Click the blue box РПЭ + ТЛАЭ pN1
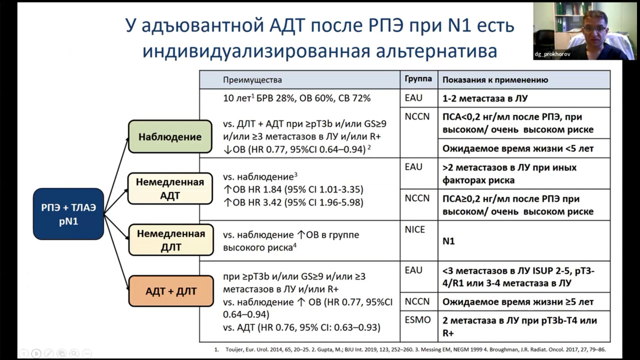click(68, 213)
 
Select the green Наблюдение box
click(170, 136)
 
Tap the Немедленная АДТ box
click(170, 188)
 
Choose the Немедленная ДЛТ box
click(170, 240)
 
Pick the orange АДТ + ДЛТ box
click(171, 291)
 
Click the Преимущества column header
click(252, 80)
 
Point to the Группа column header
click(418, 79)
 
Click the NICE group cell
click(415, 229)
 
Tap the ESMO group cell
click(417, 320)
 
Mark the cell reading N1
click(448, 241)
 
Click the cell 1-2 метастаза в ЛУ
click(484, 98)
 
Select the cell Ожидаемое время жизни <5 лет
click(518, 148)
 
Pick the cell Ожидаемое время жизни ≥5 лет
click(518, 302)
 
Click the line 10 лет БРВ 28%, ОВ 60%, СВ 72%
click(297, 98)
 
